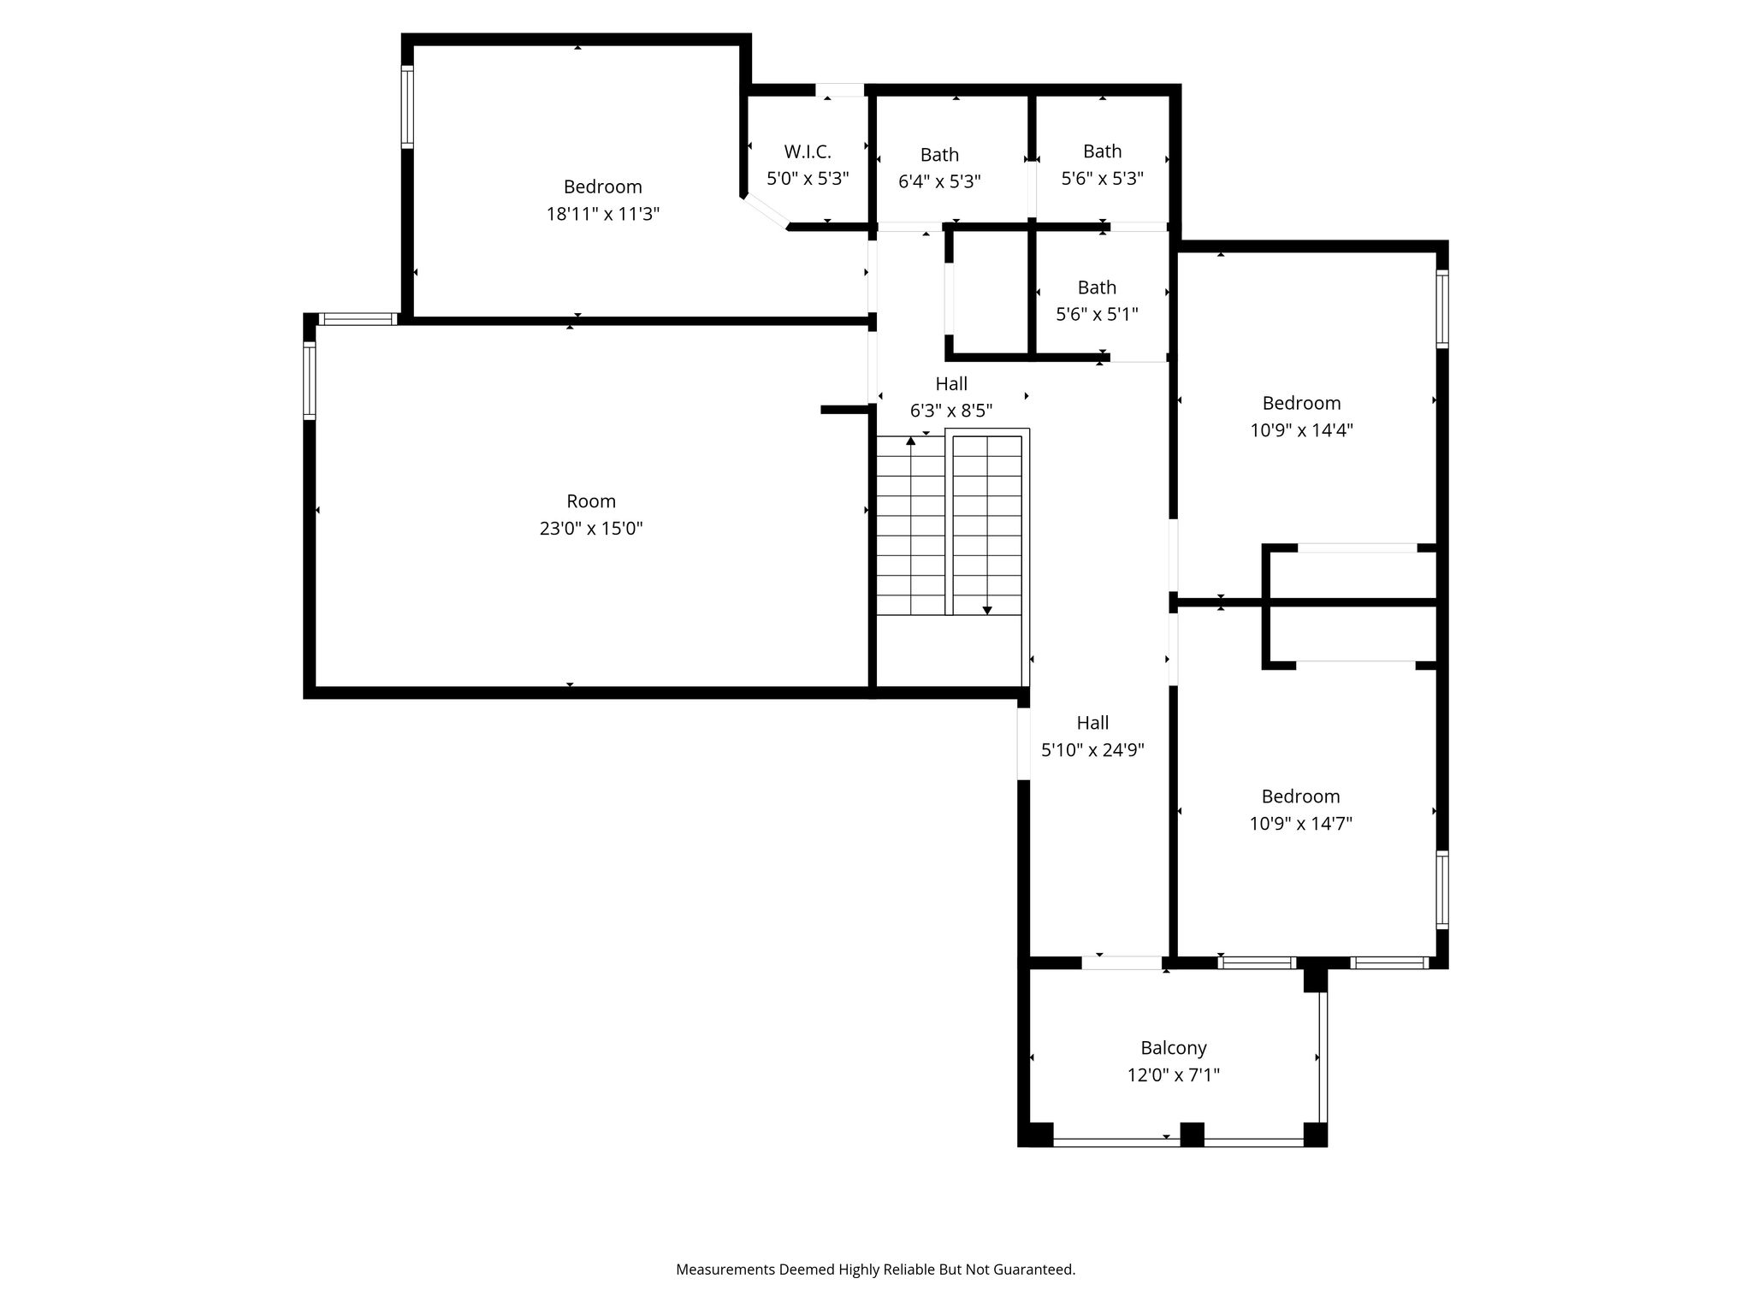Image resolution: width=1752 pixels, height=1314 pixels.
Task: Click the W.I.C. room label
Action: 808,151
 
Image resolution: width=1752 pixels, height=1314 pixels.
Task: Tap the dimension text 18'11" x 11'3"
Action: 603,214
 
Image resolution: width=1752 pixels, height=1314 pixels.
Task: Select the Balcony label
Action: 1174,1048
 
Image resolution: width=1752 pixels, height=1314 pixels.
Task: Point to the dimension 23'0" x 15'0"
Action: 591,528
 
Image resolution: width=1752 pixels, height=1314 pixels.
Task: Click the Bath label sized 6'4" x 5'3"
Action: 939,155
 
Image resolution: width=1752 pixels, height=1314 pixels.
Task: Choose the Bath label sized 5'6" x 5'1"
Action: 1097,287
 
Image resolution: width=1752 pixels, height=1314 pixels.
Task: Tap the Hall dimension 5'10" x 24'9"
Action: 1092,750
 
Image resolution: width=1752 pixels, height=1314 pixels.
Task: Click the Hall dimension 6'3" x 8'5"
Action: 951,411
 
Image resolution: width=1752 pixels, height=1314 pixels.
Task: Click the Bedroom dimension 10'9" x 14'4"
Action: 1301,430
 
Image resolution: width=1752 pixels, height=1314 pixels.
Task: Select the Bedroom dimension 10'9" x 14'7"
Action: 1300,824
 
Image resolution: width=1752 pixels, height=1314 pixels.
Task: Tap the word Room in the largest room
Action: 591,501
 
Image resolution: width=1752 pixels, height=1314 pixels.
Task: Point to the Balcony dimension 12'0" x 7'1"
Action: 1173,1074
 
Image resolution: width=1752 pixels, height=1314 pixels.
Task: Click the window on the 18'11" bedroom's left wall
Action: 408,107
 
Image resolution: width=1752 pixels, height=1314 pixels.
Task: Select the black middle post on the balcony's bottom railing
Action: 1192,1134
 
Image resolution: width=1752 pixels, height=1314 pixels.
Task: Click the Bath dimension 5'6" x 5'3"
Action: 1103,178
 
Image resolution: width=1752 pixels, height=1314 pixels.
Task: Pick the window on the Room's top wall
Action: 358,319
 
